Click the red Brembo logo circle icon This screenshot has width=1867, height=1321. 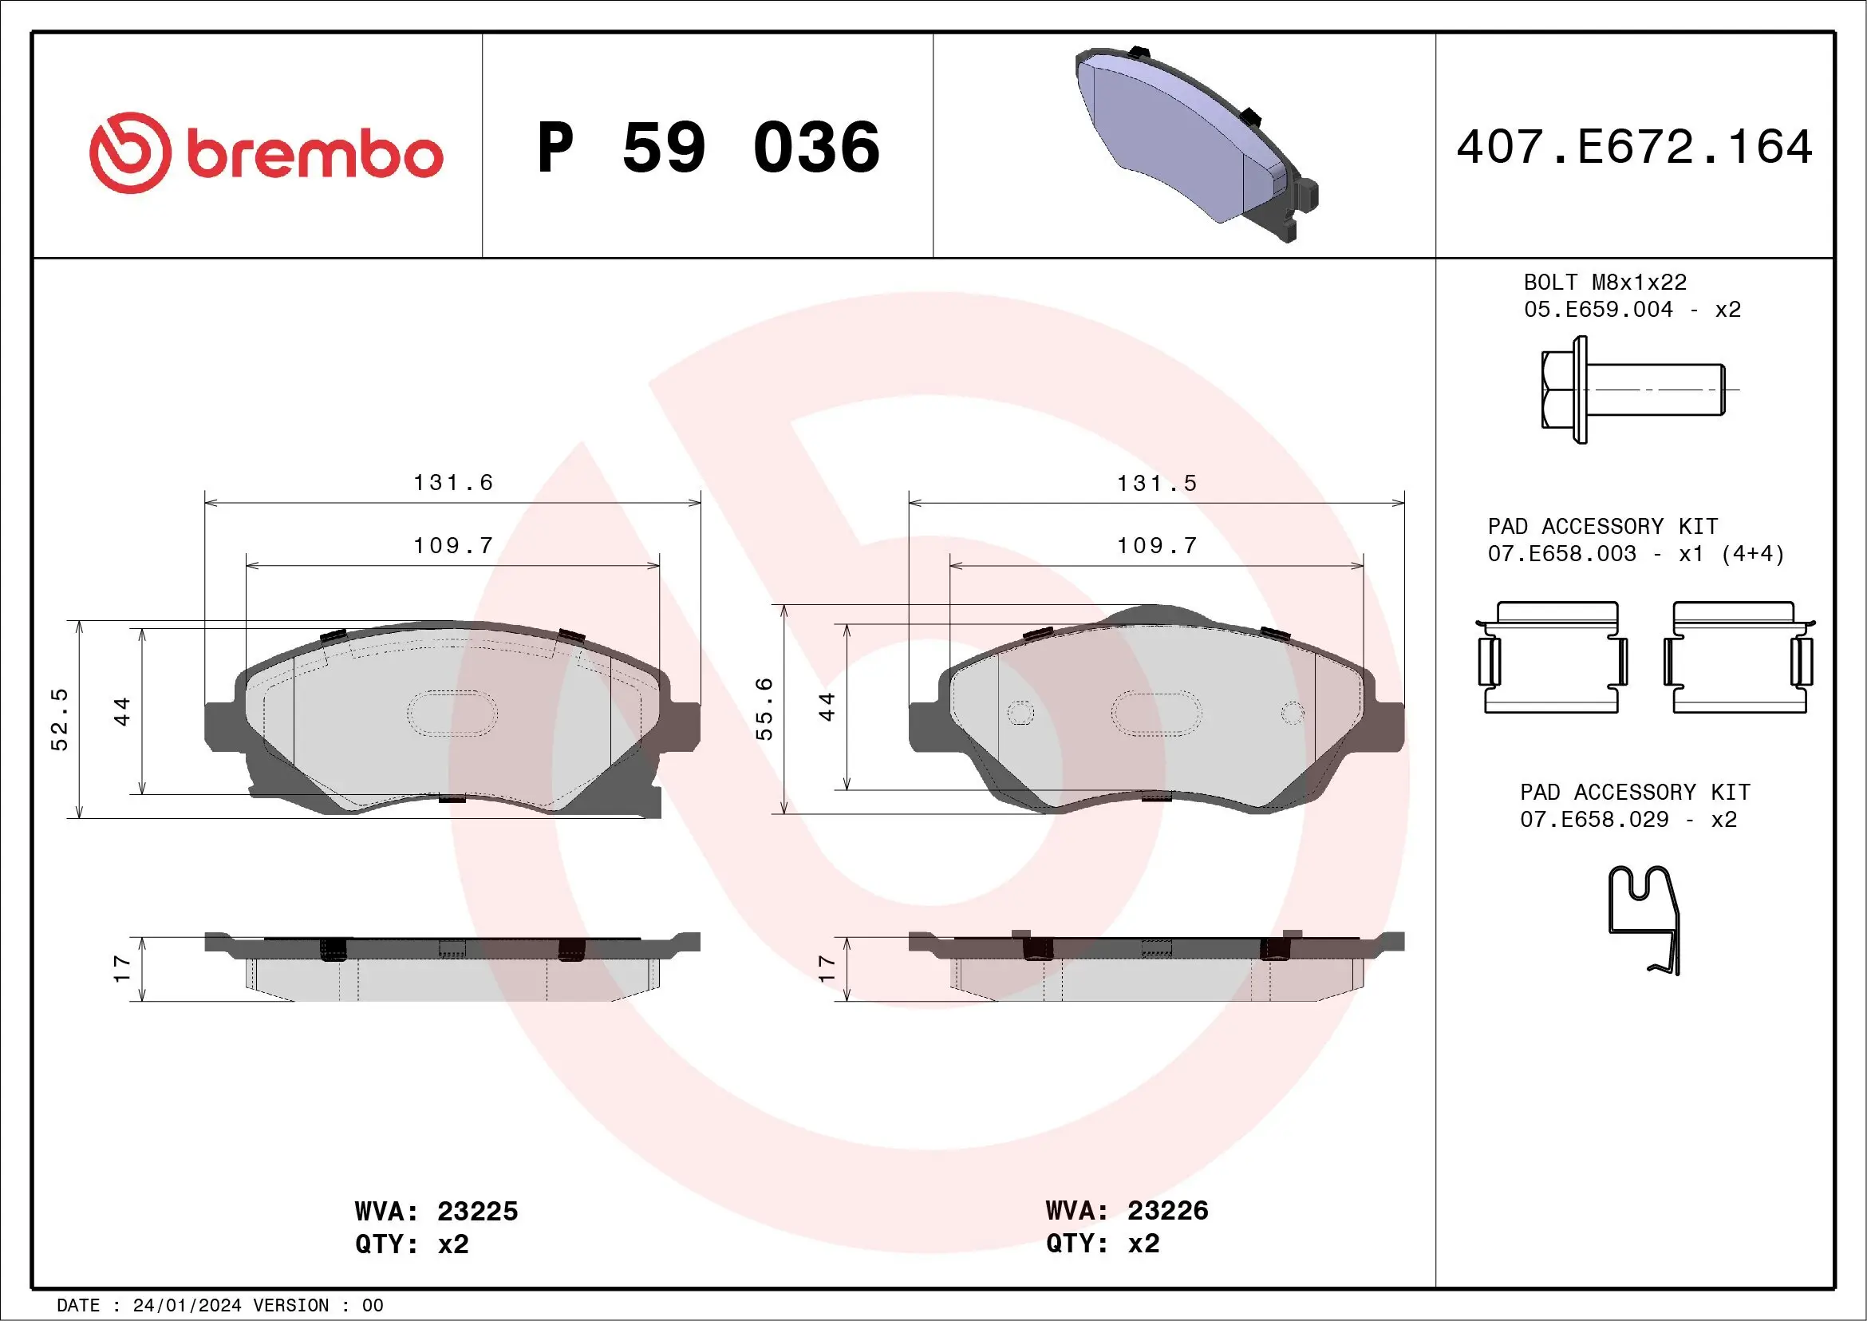[x=130, y=153]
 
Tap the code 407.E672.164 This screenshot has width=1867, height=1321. [x=1635, y=147]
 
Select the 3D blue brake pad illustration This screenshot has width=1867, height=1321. [x=1196, y=143]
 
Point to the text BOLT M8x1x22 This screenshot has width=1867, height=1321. [x=1605, y=283]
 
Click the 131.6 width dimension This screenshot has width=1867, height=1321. [x=453, y=483]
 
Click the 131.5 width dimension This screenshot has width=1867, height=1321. [x=1156, y=484]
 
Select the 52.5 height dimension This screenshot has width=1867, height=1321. [x=59, y=719]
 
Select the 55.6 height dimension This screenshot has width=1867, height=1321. [x=764, y=709]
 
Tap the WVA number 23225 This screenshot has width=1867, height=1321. [x=477, y=1211]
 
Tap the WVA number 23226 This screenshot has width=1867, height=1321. [x=1168, y=1210]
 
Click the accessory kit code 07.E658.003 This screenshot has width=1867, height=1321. [x=1561, y=554]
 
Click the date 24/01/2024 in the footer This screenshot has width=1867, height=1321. [x=187, y=1306]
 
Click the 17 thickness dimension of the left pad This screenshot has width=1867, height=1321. [x=122, y=968]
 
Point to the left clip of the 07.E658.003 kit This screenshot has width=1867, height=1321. [x=1550, y=658]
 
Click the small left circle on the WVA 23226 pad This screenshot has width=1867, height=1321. [x=1020, y=714]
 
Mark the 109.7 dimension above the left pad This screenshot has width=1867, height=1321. [x=453, y=546]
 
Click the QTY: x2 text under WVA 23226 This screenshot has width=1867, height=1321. [x=1102, y=1244]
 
